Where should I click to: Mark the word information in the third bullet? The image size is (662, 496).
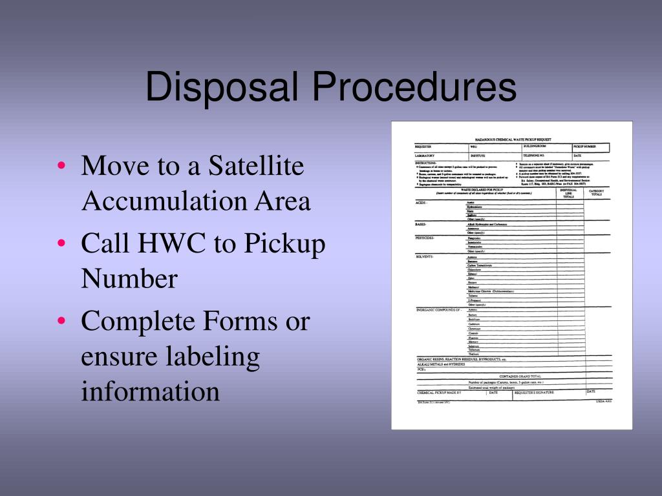(150, 391)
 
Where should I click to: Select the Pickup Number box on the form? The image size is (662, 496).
(590, 147)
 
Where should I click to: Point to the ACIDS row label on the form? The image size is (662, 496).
(422, 203)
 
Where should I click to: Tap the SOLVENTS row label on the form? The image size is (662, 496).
(425, 256)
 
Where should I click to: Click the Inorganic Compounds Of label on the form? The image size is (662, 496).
(438, 310)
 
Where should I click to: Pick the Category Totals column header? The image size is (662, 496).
(596, 192)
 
